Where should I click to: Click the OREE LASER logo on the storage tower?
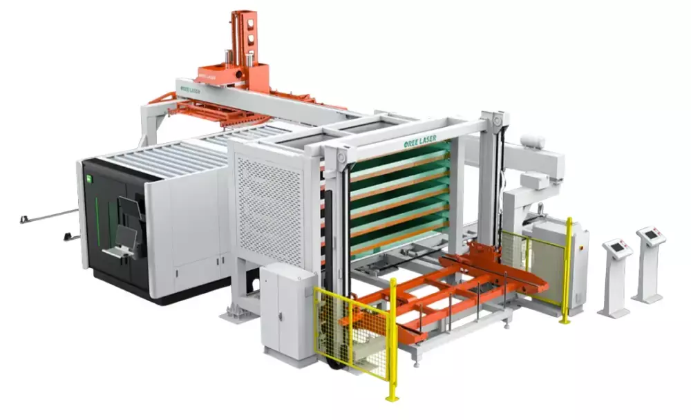[x=420, y=142]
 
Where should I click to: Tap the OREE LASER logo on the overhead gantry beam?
[x=191, y=90]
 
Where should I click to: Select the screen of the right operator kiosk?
[x=650, y=235]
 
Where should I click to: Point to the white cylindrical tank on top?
[x=532, y=142]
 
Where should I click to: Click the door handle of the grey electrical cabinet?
[x=279, y=316]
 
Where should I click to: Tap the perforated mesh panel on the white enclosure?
[x=269, y=211]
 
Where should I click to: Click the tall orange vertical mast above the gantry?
[x=244, y=39]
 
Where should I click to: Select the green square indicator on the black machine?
[x=88, y=178]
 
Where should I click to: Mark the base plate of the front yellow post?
[x=392, y=398]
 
